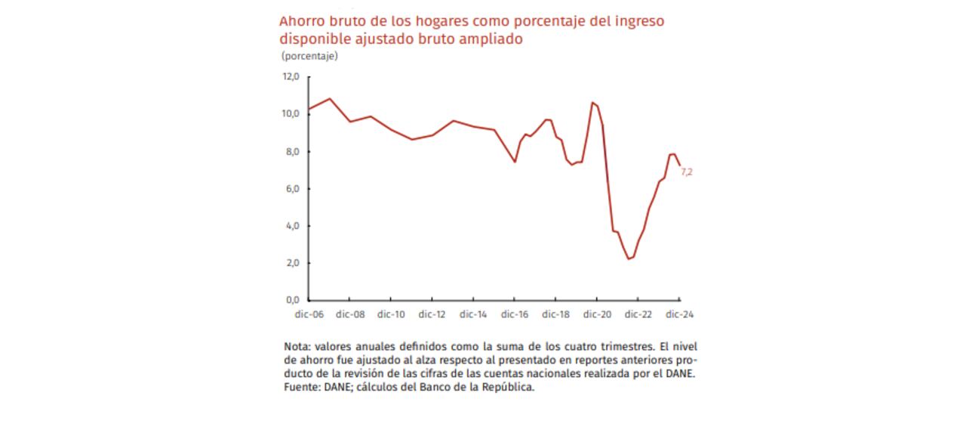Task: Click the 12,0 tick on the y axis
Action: (x=291, y=76)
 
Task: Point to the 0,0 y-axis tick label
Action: (x=291, y=300)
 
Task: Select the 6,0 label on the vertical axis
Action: (x=291, y=188)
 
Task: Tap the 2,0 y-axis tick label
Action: (x=291, y=263)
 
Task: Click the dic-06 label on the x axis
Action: (x=309, y=314)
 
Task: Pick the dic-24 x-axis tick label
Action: (x=678, y=314)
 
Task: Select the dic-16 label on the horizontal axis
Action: (x=514, y=314)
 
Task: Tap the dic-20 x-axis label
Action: (x=596, y=314)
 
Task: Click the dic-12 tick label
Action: (x=432, y=314)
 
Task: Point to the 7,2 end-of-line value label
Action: (x=687, y=172)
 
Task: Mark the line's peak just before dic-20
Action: (x=593, y=102)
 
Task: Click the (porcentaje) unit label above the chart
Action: (x=309, y=56)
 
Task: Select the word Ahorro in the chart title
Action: (x=300, y=21)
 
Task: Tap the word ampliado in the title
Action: (x=491, y=39)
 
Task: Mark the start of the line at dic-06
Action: (x=309, y=109)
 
